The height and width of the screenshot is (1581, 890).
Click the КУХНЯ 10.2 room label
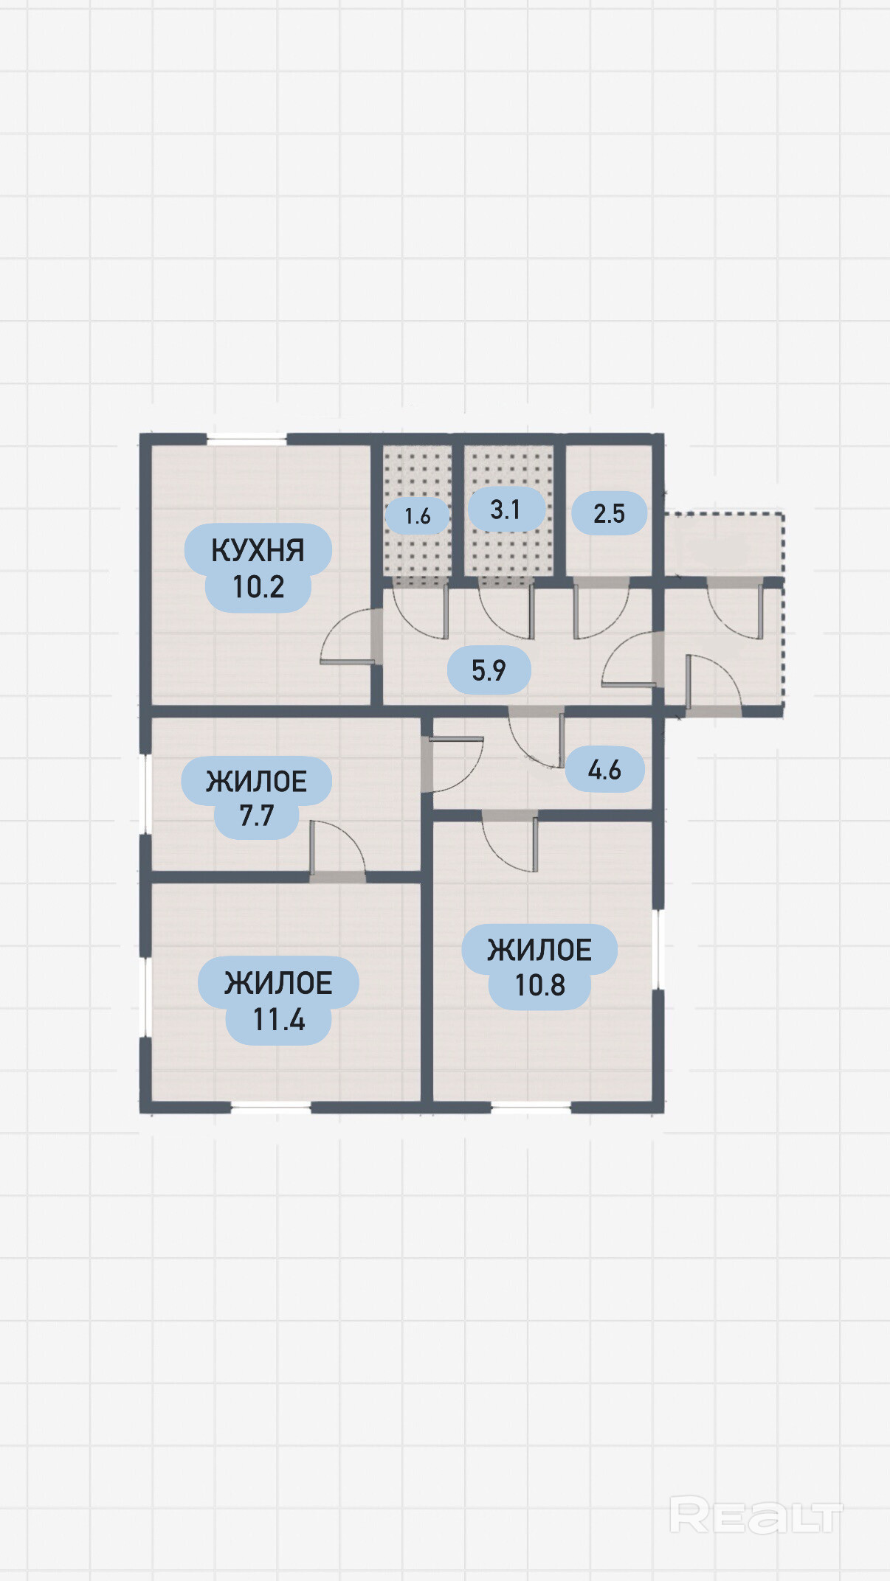click(258, 568)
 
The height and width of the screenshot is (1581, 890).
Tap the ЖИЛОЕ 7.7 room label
click(256, 798)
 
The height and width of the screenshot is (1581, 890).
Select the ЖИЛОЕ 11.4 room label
click(278, 1001)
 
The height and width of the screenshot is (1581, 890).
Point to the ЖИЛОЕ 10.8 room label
click(539, 967)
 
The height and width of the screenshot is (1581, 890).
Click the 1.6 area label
click(417, 515)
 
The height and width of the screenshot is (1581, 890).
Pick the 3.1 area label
click(506, 509)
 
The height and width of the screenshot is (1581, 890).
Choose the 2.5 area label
click(609, 513)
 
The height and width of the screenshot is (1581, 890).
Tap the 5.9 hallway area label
click(489, 670)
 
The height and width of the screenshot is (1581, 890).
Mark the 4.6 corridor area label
click(604, 770)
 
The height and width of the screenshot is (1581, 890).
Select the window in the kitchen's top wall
click(246, 439)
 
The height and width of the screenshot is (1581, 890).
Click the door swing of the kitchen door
click(348, 636)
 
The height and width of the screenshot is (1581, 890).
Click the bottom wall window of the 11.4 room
click(271, 1107)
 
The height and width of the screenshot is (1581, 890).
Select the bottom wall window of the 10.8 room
click(531, 1107)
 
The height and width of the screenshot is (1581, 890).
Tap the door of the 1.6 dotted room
click(420, 608)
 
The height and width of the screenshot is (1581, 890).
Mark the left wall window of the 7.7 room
click(145, 794)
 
